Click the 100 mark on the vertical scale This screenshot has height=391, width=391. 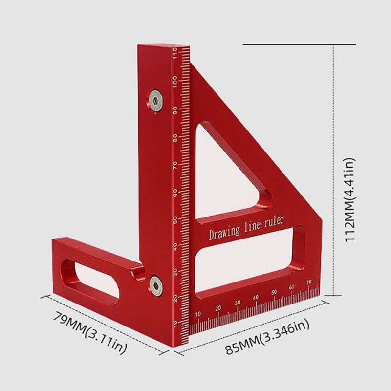(175, 82)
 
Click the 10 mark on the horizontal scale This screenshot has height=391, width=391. (198, 314)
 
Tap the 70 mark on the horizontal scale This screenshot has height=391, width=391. (308, 282)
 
